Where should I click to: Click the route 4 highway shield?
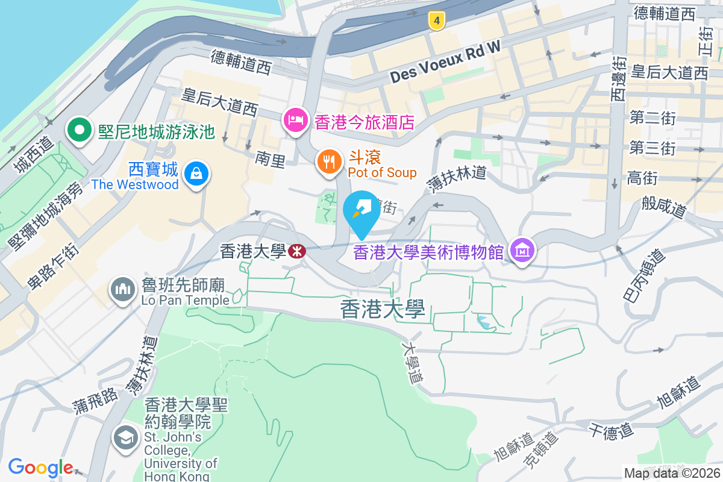(437, 21)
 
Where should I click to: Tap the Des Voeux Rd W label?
(445, 66)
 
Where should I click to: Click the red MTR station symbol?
(296, 251)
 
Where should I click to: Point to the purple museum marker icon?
(522, 251)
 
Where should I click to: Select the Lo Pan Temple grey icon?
(123, 290)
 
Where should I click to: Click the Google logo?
(40, 468)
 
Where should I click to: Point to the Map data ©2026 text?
(671, 474)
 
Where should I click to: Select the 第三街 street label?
(653, 148)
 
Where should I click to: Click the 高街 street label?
(643, 178)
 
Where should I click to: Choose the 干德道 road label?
(611, 431)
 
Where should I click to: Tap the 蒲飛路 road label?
(95, 401)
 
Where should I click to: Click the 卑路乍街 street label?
(52, 266)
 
